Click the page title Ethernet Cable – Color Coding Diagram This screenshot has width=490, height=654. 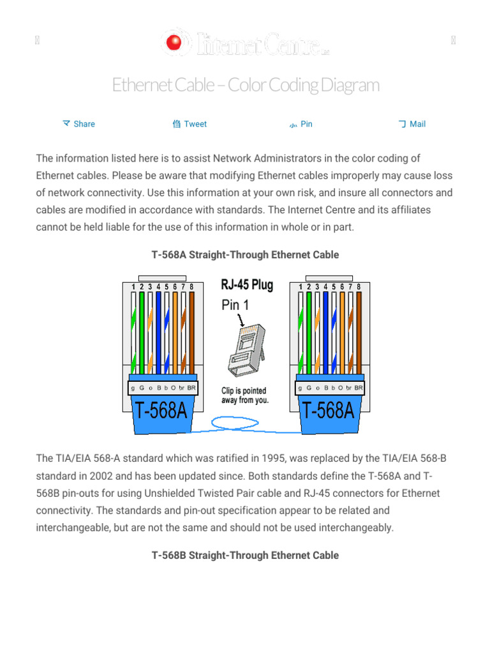click(246, 84)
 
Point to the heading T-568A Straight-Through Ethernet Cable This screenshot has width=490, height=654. click(245, 255)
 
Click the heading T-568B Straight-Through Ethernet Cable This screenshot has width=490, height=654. click(245, 555)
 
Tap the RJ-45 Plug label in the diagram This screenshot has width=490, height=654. click(247, 285)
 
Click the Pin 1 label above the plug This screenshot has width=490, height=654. click(235, 305)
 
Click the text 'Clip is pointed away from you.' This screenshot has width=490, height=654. click(245, 395)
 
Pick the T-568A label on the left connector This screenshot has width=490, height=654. click(161, 410)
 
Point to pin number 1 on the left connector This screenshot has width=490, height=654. click(133, 287)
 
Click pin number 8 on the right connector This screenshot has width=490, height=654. click(359, 287)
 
